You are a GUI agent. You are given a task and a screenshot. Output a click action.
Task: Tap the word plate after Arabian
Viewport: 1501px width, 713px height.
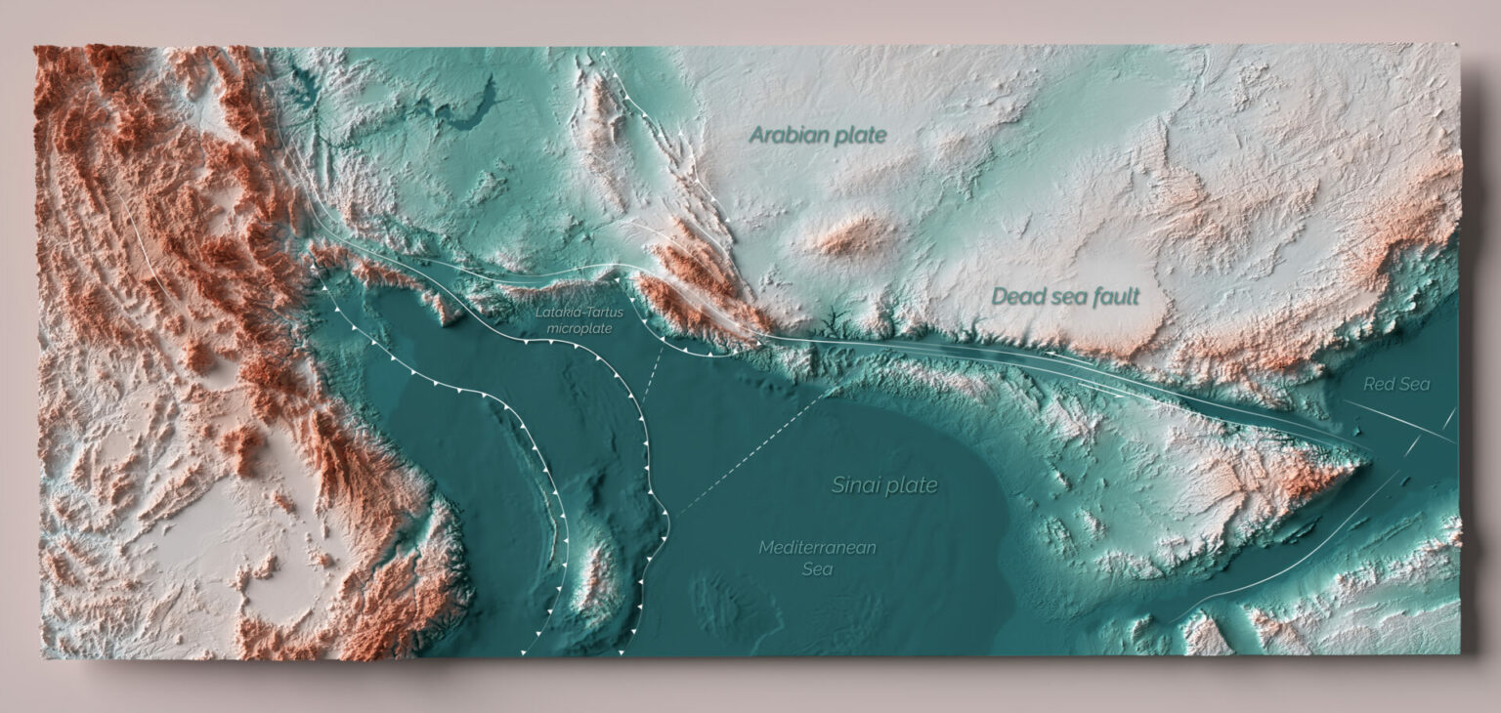point(859,136)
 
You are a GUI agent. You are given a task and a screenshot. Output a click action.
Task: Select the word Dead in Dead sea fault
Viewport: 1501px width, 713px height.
point(1018,297)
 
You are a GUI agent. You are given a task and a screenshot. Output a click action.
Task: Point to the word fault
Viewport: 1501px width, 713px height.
point(1118,297)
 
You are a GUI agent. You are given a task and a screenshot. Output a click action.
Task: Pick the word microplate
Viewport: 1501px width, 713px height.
point(579,329)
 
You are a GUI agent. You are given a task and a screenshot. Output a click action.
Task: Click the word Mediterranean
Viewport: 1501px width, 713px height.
point(817,548)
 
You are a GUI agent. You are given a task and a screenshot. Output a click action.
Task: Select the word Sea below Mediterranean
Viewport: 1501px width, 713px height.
point(817,568)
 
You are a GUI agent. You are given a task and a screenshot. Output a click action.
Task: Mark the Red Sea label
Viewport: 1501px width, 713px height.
point(1396,385)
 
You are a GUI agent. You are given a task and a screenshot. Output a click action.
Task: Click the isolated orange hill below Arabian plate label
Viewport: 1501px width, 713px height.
point(846,235)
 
